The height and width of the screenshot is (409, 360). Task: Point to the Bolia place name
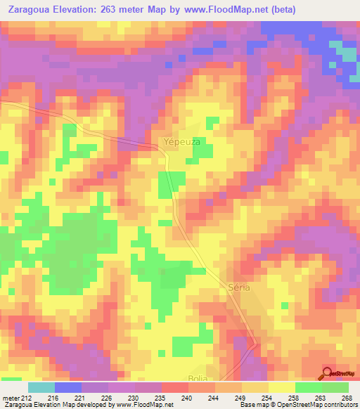point(199,378)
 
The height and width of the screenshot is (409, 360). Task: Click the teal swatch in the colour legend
point(41,387)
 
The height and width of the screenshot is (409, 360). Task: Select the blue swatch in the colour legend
point(68,387)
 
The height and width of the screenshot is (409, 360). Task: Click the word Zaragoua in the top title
point(30,10)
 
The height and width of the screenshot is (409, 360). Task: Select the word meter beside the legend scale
point(11,397)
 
